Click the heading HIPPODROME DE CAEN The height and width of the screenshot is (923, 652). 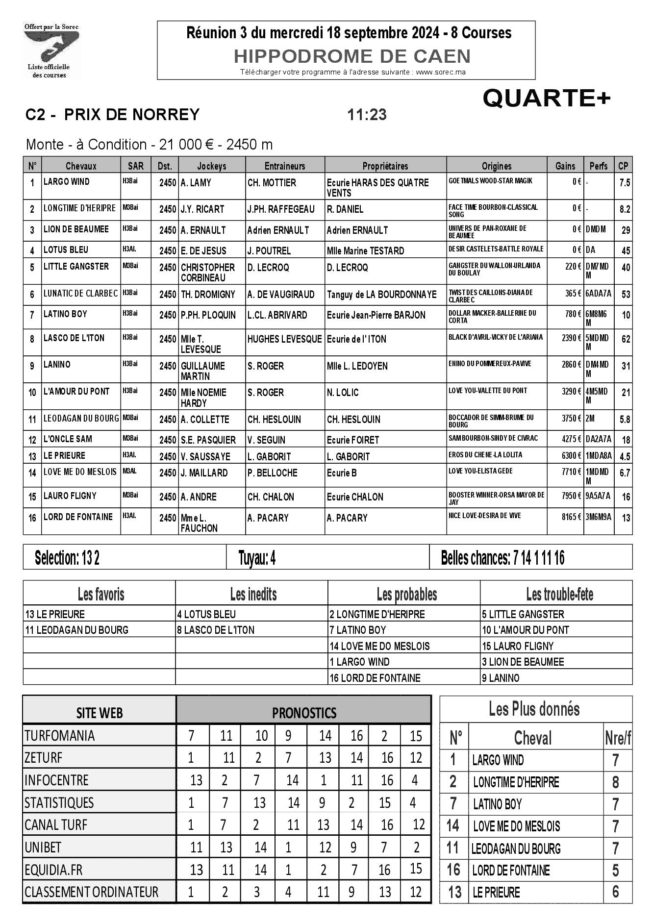(352, 56)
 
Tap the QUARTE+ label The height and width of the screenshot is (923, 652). (547, 99)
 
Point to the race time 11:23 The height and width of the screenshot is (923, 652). (367, 115)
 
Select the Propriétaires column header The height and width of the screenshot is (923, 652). (385, 166)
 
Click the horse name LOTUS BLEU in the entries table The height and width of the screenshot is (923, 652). (66, 250)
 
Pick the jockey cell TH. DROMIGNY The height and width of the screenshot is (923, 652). (208, 295)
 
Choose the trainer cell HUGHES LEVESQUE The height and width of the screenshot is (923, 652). (284, 339)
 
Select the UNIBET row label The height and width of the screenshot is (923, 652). (43, 848)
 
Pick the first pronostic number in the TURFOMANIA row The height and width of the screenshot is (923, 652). (191, 736)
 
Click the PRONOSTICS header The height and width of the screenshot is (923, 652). (304, 713)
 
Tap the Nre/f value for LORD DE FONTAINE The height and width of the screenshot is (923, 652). (615, 871)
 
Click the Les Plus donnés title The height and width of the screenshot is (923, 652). (534, 709)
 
